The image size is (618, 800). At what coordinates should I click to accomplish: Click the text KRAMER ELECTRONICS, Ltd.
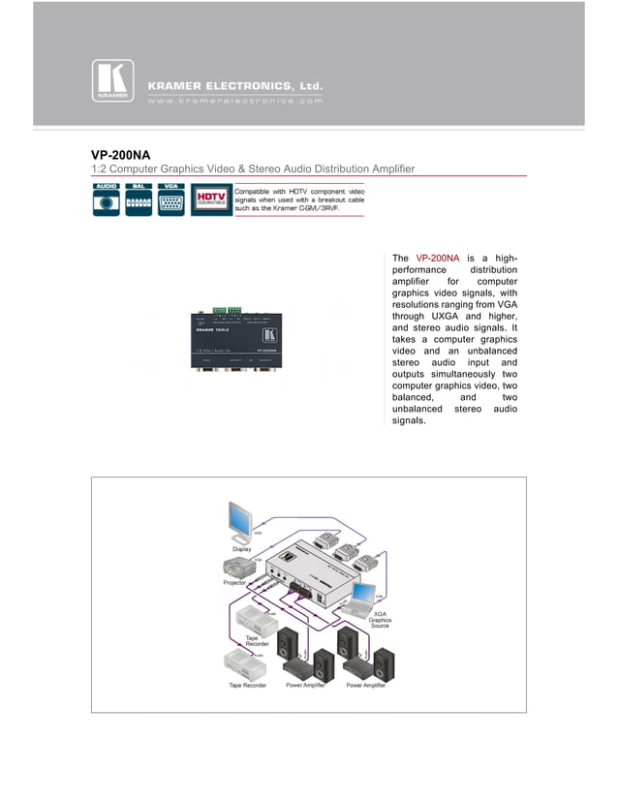235,85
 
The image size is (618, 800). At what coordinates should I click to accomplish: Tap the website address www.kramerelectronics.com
235,99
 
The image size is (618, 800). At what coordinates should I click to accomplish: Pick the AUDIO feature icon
107,200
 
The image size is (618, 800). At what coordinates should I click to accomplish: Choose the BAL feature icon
139,200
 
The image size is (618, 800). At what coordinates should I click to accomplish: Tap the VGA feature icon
171,200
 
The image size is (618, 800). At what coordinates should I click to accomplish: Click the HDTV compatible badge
210,200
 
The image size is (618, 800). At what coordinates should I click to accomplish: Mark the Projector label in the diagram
234,583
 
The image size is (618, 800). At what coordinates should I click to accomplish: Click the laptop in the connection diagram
366,599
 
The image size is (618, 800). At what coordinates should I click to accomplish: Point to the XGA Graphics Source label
380,620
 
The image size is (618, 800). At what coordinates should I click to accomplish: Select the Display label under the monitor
241,549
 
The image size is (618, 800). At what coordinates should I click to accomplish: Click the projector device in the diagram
237,568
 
